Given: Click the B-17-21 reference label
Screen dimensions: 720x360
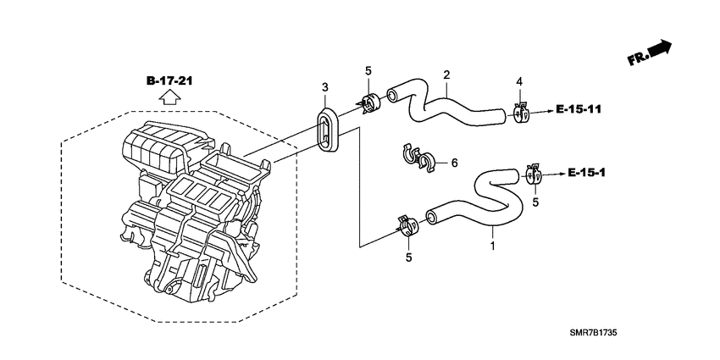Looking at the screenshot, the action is pos(169,81).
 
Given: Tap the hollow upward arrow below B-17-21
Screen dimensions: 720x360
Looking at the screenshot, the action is pos(169,97).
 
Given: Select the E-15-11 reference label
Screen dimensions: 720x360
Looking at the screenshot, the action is pos(578,109).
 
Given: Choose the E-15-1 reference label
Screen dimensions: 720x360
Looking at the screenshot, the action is pos(586,173).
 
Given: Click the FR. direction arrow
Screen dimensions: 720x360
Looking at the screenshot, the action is pos(650,53).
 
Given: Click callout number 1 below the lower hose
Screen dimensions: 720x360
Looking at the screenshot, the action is pos(493,246).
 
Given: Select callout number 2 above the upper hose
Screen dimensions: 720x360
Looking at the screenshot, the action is pos(446,75).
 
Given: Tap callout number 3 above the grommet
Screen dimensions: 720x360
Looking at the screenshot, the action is pos(325,87).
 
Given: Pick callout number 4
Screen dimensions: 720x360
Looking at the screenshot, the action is pos(519,81).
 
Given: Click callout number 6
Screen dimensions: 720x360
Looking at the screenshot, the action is pos(455,163).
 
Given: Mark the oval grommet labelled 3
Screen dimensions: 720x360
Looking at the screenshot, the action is pos(327,128).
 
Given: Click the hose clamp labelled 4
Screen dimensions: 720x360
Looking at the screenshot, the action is pos(522,113).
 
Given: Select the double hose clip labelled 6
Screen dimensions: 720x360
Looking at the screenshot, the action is pos(418,159).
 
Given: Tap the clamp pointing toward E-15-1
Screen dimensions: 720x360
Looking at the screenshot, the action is pos(534,174).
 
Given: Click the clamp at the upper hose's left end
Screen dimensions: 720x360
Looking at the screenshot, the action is pos(368,102).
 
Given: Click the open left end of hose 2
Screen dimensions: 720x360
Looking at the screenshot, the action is pos(391,96).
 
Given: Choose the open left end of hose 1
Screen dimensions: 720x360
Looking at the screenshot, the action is pos(431,217).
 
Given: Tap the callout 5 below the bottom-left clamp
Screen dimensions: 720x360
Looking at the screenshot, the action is pos(408,258).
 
